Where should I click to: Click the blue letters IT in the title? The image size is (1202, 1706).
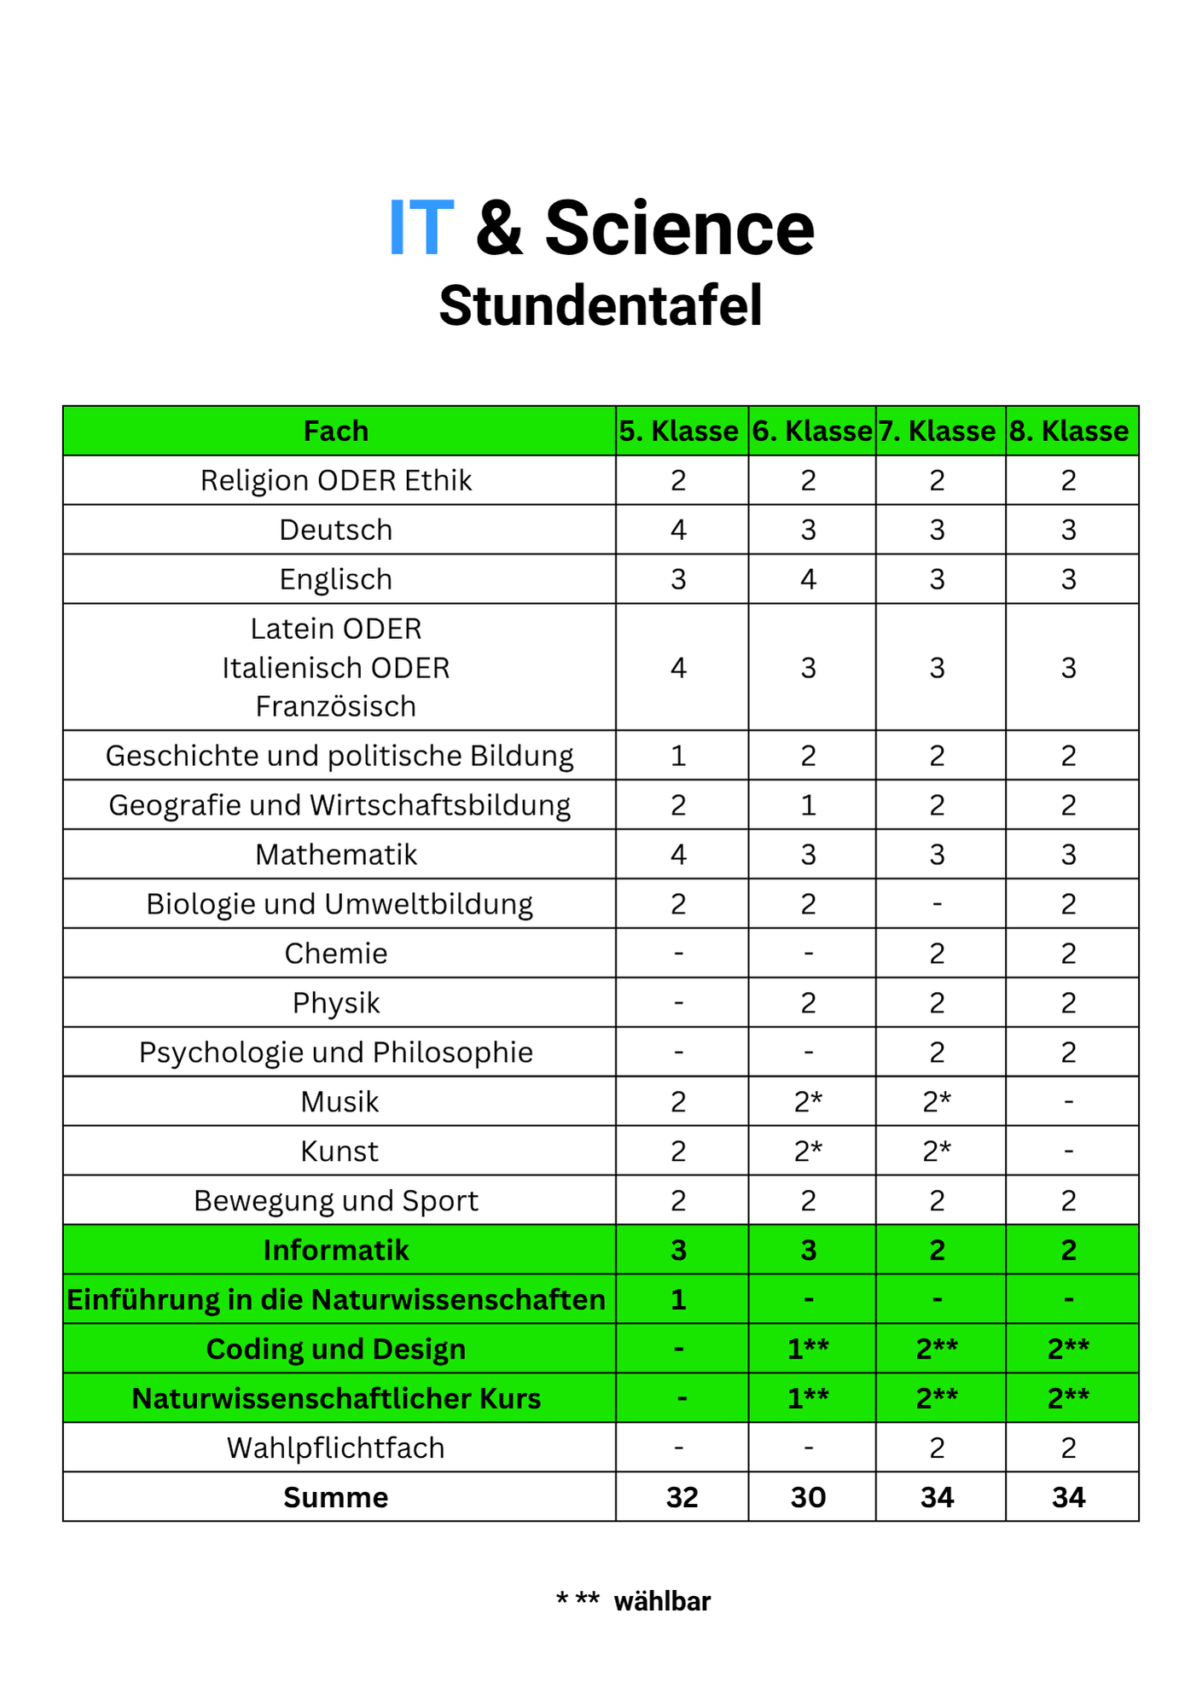[421, 229]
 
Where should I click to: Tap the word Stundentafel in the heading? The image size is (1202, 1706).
[601, 306]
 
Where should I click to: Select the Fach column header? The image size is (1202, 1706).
[336, 431]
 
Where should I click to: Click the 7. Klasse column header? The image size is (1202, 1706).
[937, 431]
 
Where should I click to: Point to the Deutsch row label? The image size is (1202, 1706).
[336, 530]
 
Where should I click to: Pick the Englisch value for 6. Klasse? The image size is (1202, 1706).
[808, 579]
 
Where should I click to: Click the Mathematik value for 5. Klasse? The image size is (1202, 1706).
[678, 854]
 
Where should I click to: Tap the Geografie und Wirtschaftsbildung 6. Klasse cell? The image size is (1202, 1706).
[808, 804]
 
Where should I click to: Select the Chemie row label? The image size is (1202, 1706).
[336, 953]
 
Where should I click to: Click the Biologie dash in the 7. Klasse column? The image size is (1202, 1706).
[937, 903]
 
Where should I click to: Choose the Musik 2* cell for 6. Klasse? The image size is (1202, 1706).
[808, 1101]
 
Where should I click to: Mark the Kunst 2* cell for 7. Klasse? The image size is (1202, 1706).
[937, 1151]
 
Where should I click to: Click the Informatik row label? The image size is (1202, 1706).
[336, 1250]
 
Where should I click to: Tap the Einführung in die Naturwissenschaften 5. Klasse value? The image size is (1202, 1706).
[678, 1299]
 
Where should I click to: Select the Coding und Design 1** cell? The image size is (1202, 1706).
[808, 1349]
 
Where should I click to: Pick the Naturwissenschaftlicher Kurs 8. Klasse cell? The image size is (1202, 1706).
[1068, 1398]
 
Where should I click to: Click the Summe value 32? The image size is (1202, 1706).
[682, 1497]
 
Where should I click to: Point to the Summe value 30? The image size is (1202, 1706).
[808, 1497]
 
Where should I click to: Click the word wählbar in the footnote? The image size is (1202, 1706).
[662, 1601]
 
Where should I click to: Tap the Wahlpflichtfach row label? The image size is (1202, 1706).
[336, 1448]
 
